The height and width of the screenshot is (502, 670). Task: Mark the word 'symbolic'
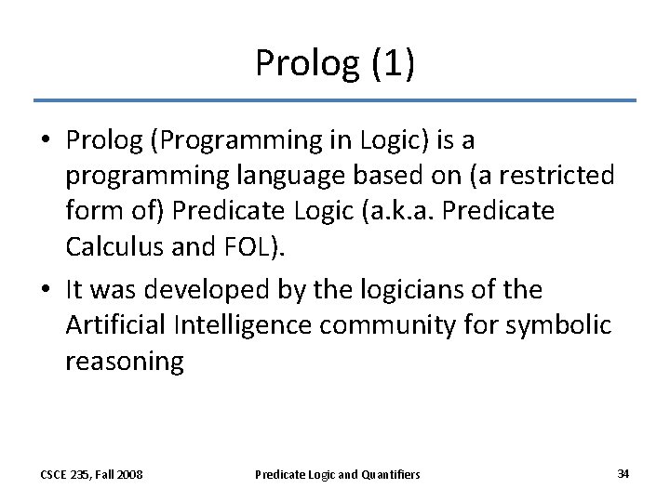pos(570,325)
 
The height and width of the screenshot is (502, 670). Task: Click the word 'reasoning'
pos(125,362)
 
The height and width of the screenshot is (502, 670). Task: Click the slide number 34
pos(623,473)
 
